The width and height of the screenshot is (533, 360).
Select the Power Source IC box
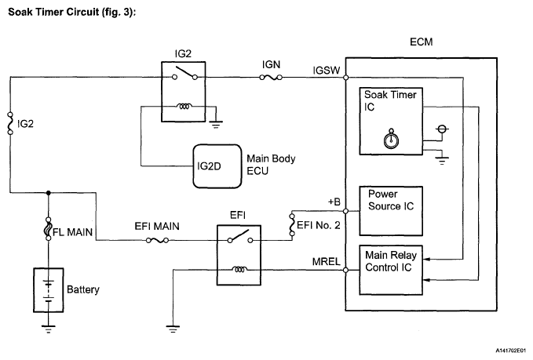(391, 211)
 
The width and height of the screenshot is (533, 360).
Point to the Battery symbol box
(49, 289)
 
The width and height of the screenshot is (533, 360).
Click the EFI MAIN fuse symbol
(162, 239)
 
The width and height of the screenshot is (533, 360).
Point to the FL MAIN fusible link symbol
(49, 233)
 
